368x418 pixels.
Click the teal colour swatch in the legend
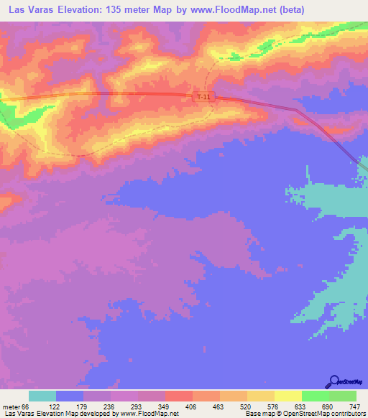click(42, 396)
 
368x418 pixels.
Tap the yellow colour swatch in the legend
click(288, 396)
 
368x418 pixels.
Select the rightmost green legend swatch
click(343, 396)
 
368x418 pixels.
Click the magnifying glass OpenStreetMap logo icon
click(333, 381)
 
